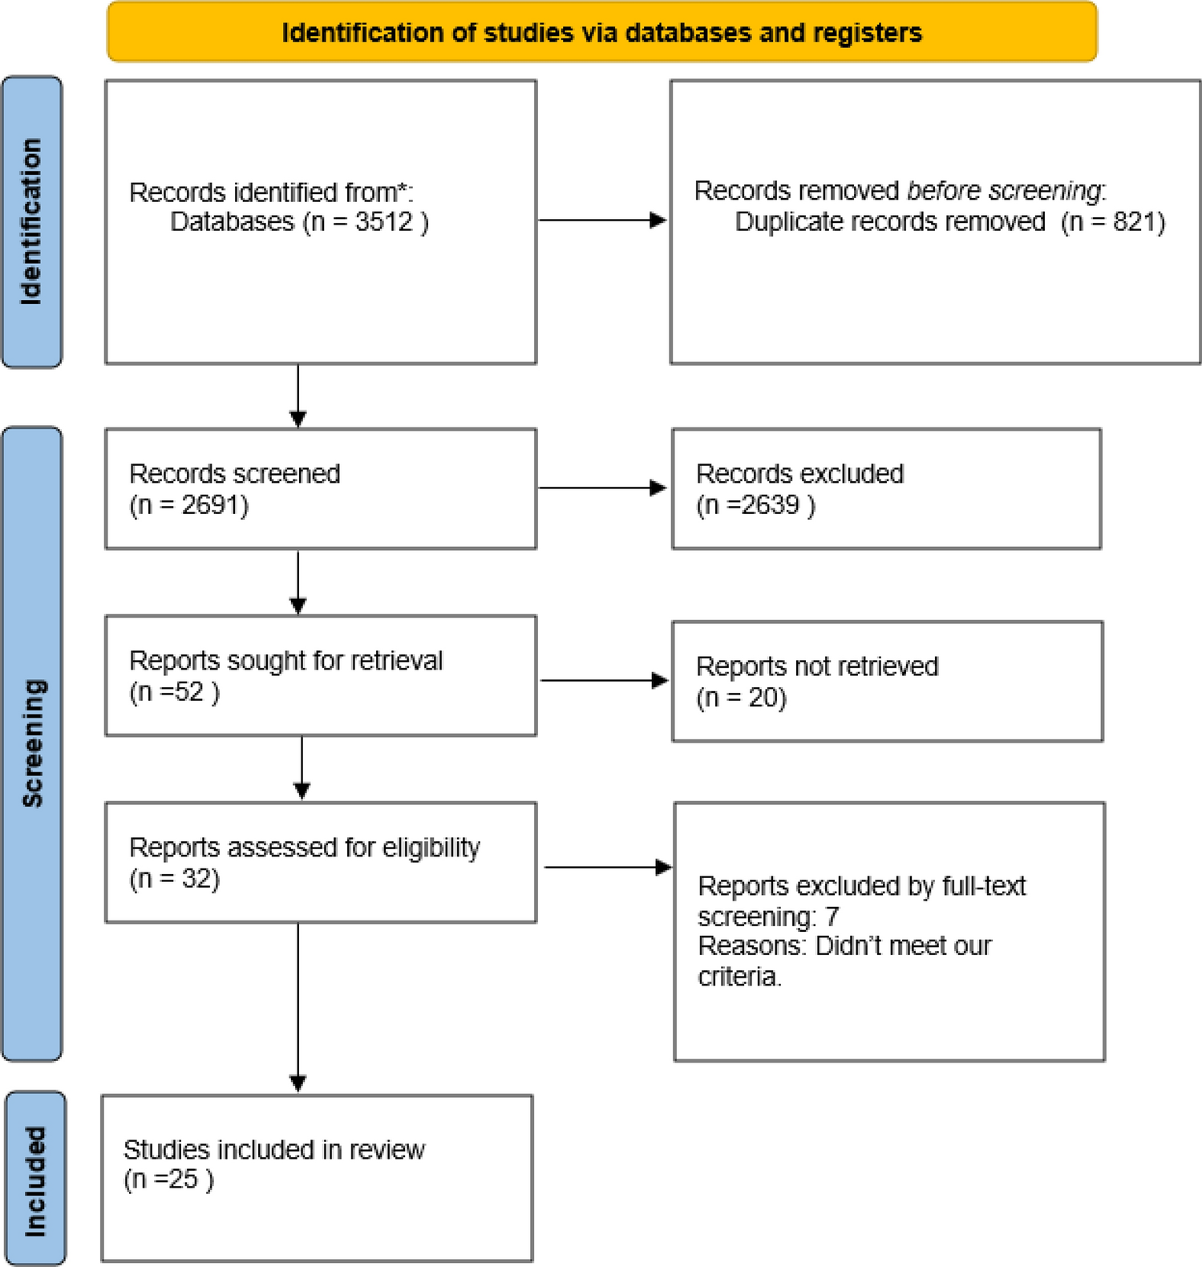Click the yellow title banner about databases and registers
601,32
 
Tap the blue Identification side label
31,222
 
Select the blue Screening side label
32,743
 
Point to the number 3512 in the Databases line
383,222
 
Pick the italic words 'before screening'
1004,191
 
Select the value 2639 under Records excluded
771,505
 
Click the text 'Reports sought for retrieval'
285,661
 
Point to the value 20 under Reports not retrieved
766,698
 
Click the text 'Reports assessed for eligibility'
304,848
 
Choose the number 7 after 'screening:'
832,917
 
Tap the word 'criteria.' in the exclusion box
739,977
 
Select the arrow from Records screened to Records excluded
601,488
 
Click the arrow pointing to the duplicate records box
601,220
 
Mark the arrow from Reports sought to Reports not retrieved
603,681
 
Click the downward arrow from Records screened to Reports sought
297,582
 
